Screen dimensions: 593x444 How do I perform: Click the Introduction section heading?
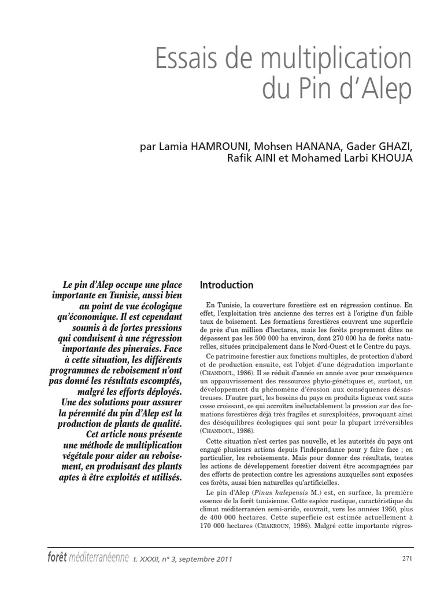(226, 285)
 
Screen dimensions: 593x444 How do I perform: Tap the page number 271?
(407, 558)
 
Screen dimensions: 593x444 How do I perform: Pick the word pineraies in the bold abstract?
(134, 350)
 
